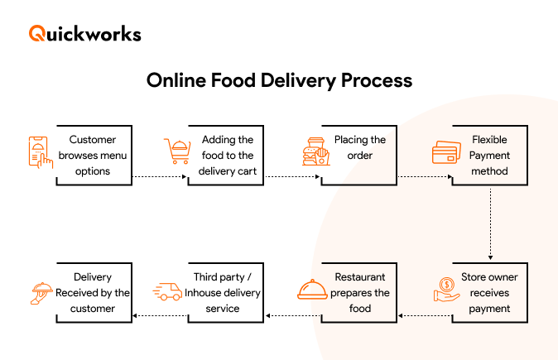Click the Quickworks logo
tap(85, 34)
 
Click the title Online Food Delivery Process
tap(279, 81)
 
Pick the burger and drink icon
tap(315, 152)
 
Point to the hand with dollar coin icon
tap(449, 290)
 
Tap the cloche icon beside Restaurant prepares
tap(314, 290)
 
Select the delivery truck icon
tap(168, 291)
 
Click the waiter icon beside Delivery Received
tap(41, 291)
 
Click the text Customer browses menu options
tap(93, 156)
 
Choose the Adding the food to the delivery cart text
tap(228, 156)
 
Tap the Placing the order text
tap(360, 147)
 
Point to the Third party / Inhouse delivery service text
tap(223, 292)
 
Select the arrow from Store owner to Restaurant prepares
tap(422, 314)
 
